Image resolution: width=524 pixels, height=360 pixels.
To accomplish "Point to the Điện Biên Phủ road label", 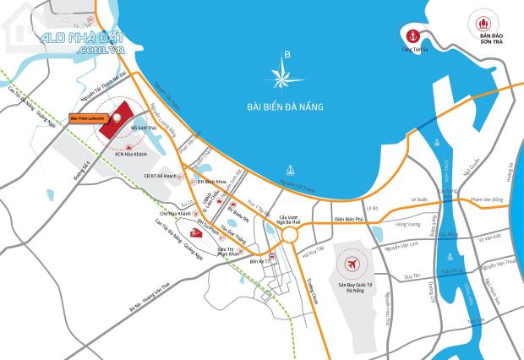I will point(348,218).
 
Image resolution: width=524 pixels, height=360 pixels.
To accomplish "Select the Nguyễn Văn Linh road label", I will point(401,249).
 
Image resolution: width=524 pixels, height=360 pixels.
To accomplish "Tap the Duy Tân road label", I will point(412,276).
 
